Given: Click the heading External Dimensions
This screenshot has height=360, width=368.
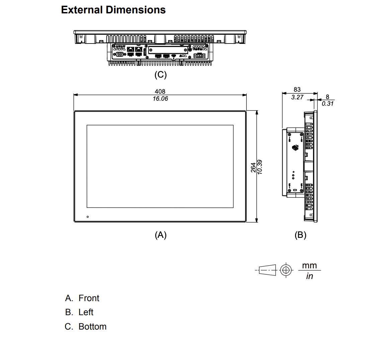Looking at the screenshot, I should tap(113, 10).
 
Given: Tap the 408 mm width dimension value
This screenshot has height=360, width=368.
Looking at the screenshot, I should tap(160, 91).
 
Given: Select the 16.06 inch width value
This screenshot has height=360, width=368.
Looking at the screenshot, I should tap(160, 99).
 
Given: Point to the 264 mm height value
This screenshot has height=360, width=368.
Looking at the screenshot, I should tap(253, 167).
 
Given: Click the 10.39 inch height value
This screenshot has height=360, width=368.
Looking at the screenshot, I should tap(260, 167).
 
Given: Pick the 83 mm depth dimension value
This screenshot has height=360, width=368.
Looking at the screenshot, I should tap(297, 89).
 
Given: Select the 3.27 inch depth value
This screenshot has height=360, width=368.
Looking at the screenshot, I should tap(297, 97).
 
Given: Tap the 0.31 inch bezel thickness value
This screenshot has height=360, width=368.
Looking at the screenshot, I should tap(328, 104).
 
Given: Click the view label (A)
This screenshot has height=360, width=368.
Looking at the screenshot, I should tap(160, 235).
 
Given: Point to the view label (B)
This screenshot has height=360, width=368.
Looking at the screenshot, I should tap(300, 235).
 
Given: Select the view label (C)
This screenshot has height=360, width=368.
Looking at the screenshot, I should tap(160, 75).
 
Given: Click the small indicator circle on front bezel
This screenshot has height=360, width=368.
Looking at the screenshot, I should tap(88, 217).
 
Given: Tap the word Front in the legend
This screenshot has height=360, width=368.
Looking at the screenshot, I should tap(89, 298).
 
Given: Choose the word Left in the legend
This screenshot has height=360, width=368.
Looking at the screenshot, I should tap(86, 312).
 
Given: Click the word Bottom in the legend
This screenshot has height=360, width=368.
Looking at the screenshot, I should tap(92, 327).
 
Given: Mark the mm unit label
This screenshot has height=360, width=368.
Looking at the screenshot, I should tap(309, 266).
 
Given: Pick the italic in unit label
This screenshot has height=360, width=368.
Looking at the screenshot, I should tap(309, 276).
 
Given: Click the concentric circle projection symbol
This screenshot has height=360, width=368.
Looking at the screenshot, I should tap(285, 270).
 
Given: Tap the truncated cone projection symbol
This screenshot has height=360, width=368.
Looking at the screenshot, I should tap(268, 270).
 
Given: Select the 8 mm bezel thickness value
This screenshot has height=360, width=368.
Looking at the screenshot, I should tap(328, 97).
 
